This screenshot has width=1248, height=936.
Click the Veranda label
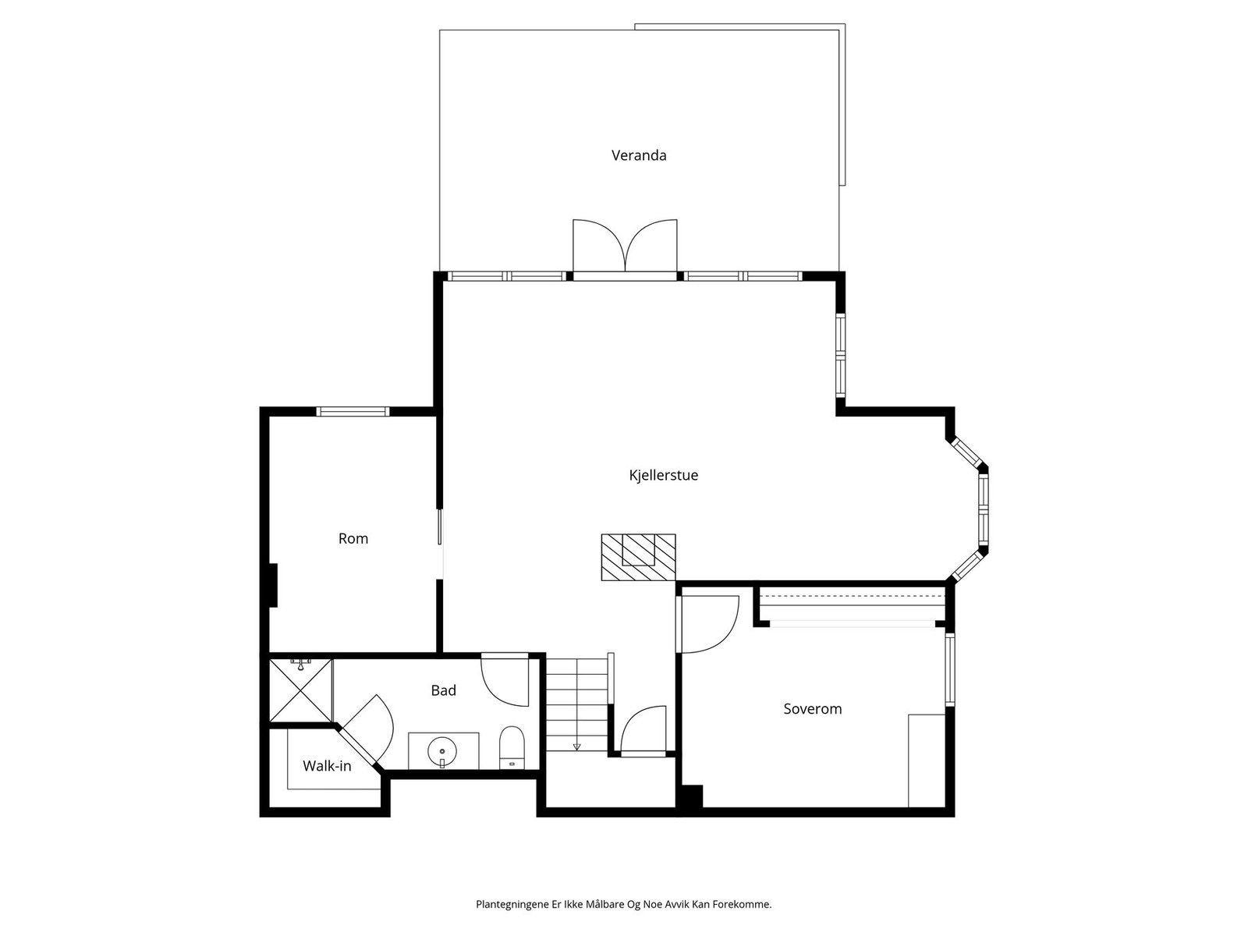pos(639,155)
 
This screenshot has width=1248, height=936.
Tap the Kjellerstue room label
pos(663,475)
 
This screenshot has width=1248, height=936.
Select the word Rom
pos(353,538)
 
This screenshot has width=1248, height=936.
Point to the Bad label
pos(444,690)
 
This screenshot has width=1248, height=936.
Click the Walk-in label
pos(327,765)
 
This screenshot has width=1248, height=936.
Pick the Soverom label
pos(813,709)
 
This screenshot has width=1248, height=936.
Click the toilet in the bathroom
pos(512,747)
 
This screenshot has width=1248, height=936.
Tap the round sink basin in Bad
pos(441,751)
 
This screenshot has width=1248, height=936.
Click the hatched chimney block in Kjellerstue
pos(639,557)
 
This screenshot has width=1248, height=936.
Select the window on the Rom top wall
pos(353,412)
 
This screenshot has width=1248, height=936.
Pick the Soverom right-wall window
pos(949,669)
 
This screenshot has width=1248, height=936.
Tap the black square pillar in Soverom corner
pos(690,796)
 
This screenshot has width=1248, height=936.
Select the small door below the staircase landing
pos(643,731)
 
